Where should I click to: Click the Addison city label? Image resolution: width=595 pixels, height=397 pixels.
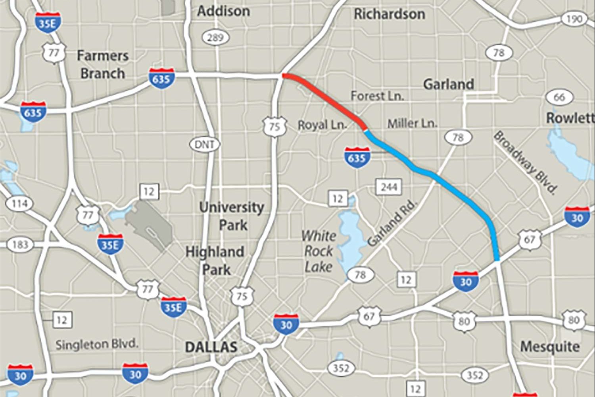coord(223,11)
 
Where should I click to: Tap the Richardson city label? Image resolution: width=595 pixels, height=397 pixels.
coord(389,14)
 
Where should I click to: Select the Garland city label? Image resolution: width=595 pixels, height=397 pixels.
coord(448,84)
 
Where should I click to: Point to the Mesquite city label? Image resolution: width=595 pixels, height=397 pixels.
coord(550,347)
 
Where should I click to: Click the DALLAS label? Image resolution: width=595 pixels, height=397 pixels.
coord(211,347)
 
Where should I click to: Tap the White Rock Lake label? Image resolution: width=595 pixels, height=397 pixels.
coord(318,251)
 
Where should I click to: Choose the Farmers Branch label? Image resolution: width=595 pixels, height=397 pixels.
coord(102,64)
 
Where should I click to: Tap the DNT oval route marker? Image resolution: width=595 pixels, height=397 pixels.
coord(205,145)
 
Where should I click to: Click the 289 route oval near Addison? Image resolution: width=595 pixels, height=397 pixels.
coord(215,38)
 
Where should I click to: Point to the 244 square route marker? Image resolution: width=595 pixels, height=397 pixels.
coord(389,187)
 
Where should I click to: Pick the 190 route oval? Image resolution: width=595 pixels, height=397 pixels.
coord(574,19)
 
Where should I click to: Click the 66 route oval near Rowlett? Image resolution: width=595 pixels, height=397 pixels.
coord(559,97)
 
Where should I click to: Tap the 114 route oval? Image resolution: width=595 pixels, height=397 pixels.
coord(19,204)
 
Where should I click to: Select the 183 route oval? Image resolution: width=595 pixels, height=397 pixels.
coord(20,244)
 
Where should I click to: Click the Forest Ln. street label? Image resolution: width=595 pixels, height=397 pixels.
coord(377,96)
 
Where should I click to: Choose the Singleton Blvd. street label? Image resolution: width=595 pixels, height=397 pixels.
coord(96,344)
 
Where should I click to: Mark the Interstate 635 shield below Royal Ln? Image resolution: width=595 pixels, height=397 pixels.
coord(357,158)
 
